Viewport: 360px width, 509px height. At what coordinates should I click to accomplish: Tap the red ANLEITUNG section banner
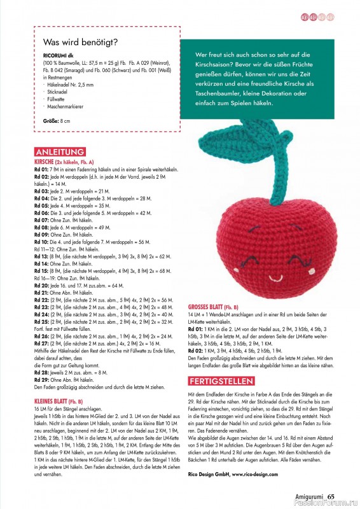click(60, 152)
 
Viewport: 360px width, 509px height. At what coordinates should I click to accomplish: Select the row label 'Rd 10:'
click(41, 242)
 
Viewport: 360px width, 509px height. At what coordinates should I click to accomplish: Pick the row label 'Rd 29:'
click(41, 380)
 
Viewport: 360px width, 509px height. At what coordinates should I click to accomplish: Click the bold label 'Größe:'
click(51, 120)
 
